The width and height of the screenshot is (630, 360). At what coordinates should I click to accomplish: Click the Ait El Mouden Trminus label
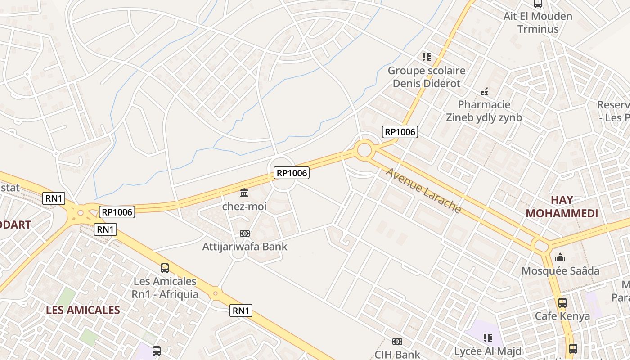538,22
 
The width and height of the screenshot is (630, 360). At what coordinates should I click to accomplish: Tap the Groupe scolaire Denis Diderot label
427,77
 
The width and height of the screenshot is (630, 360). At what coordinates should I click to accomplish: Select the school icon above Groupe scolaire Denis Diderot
426,57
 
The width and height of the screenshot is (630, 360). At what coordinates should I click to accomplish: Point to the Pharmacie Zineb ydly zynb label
484,111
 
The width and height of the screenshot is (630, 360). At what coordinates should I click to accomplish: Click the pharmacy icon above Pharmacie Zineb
484,92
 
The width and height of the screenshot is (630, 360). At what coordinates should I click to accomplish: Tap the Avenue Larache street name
423,191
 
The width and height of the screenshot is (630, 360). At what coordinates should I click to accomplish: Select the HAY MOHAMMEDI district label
562,207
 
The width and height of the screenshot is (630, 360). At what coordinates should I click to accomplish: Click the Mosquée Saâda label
560,271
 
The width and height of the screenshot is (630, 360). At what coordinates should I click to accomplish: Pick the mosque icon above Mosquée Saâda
560,257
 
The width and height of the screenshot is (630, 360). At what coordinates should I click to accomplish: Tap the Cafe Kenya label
562,316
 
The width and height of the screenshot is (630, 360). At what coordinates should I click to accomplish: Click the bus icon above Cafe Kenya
562,303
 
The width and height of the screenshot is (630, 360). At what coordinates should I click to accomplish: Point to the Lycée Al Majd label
487,351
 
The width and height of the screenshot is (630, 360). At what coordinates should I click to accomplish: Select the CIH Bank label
397,354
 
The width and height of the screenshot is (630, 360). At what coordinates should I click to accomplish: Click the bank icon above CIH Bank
397,342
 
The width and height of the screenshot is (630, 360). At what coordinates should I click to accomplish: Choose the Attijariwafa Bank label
244,247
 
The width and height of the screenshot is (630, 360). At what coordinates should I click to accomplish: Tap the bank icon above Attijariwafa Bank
245,234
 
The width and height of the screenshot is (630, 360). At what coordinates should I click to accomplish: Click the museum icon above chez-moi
244,193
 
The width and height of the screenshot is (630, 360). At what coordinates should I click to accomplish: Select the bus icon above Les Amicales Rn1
165,268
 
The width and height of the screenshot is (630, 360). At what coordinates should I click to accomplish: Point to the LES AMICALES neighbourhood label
83,310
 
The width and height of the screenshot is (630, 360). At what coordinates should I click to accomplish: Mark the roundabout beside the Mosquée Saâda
541,246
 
